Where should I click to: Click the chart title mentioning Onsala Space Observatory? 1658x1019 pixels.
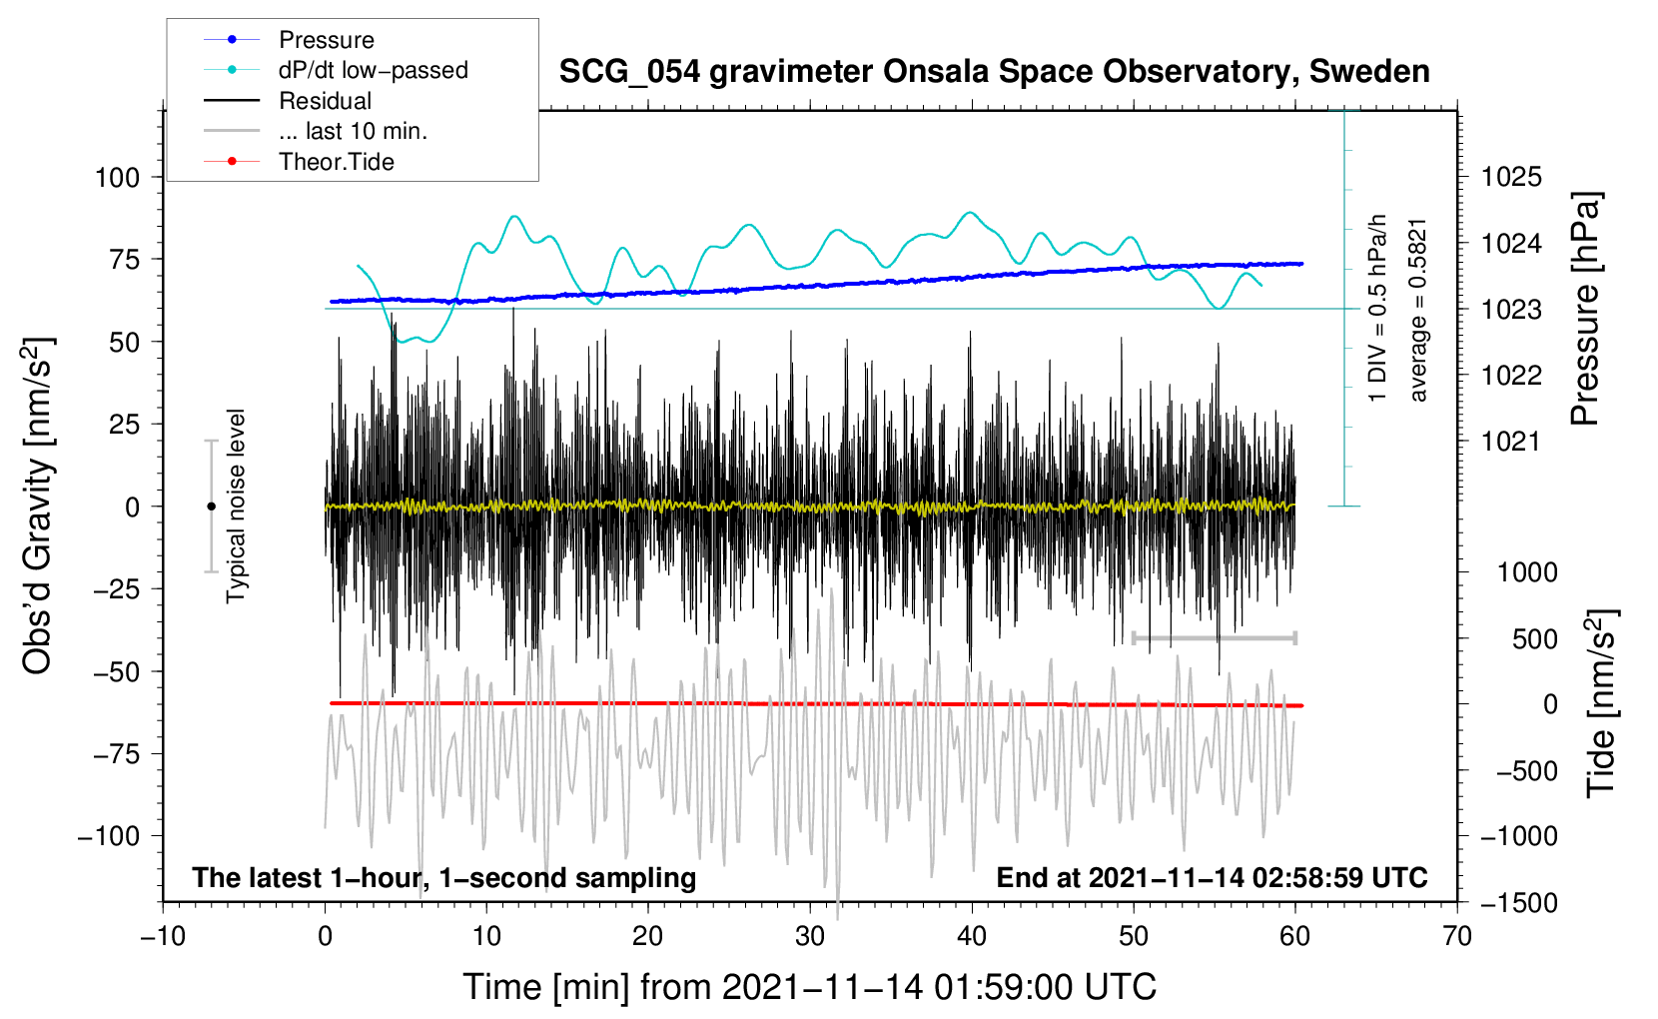click(x=994, y=72)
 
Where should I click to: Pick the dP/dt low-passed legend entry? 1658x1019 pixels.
click(x=373, y=70)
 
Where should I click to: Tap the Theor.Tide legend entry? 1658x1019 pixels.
click(x=336, y=162)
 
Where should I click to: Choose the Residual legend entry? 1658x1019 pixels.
click(x=325, y=101)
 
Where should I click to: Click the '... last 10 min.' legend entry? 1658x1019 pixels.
click(x=353, y=131)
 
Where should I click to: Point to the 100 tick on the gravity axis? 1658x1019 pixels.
click(x=117, y=178)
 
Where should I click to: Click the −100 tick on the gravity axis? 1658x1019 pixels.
click(x=109, y=836)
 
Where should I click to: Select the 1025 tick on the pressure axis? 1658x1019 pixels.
click(x=1511, y=178)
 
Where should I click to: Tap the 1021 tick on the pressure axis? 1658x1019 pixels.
click(x=1511, y=442)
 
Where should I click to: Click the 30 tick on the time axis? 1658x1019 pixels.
click(x=810, y=936)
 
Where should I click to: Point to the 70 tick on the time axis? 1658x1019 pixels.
click(x=1457, y=936)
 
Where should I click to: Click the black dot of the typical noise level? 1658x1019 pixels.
click(x=211, y=507)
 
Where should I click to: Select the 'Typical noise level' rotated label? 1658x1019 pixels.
click(x=236, y=506)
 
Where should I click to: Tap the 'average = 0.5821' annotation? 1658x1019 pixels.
click(x=1418, y=310)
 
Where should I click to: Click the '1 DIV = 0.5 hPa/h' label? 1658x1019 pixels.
click(x=1378, y=308)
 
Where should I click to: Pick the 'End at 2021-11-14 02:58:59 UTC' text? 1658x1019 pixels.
click(x=1212, y=878)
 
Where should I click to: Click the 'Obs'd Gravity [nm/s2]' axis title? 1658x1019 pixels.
click(x=38, y=506)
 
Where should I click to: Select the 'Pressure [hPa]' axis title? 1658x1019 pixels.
click(x=1585, y=309)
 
